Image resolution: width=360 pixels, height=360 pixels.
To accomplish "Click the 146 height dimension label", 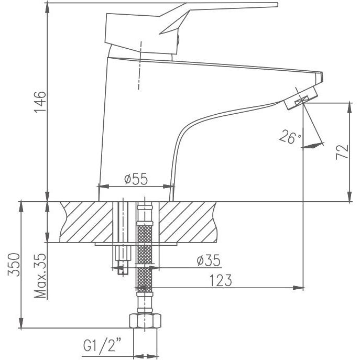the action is pos(40,102).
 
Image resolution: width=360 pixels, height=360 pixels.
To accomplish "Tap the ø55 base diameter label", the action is pos(136,179).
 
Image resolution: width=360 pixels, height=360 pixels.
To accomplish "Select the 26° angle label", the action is pos(290,137).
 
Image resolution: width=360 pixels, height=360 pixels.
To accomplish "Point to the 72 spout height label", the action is pos(342,152).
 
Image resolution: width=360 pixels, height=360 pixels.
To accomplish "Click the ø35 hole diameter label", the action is pos(209,260).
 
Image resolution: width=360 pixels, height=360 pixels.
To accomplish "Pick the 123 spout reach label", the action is pos(221,280).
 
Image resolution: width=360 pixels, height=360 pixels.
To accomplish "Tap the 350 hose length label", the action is pos(14,265).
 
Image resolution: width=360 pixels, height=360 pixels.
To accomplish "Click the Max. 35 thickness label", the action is pos(40,276).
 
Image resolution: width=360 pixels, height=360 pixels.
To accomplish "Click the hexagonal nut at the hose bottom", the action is pos(145,321).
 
